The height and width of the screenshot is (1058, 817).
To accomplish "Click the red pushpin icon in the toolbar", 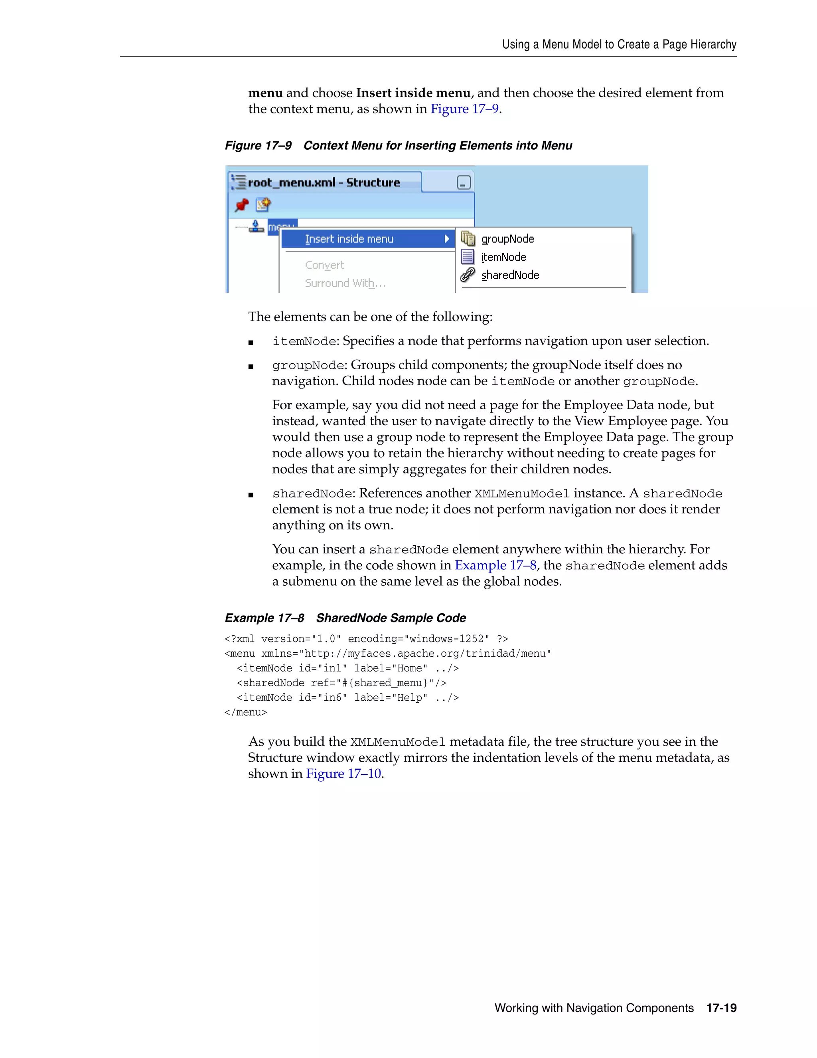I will click(x=241, y=205).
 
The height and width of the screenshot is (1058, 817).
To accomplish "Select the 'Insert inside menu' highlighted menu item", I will click(x=349, y=239).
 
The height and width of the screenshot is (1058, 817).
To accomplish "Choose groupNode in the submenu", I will click(x=507, y=239).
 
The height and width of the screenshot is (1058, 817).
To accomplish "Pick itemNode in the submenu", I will click(x=503, y=257).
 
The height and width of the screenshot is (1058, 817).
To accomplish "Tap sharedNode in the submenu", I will click(x=510, y=275).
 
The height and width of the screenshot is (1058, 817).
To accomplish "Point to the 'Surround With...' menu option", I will click(x=345, y=283).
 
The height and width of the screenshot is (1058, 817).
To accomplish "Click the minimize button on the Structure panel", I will click(x=463, y=182).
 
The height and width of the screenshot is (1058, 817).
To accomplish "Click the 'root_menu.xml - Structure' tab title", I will click(x=323, y=182).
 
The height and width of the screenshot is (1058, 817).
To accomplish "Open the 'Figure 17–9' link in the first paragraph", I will click(x=464, y=109).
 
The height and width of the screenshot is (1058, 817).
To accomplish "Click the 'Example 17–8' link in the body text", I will click(x=495, y=565).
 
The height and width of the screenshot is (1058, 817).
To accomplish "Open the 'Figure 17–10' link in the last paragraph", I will click(x=343, y=774).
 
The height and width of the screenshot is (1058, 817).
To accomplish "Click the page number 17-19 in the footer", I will click(x=721, y=1008).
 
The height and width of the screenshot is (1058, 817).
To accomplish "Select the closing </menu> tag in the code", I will click(x=246, y=712).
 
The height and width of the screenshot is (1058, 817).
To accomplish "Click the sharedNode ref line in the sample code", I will click(x=341, y=683).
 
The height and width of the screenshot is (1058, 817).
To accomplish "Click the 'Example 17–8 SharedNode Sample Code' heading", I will click(x=345, y=618).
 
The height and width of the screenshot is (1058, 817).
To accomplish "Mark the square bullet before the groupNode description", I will click(x=251, y=366).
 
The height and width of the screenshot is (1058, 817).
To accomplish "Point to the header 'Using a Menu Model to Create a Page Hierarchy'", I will click(x=619, y=45).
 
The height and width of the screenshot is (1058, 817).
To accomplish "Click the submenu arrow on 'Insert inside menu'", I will click(x=447, y=239).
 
